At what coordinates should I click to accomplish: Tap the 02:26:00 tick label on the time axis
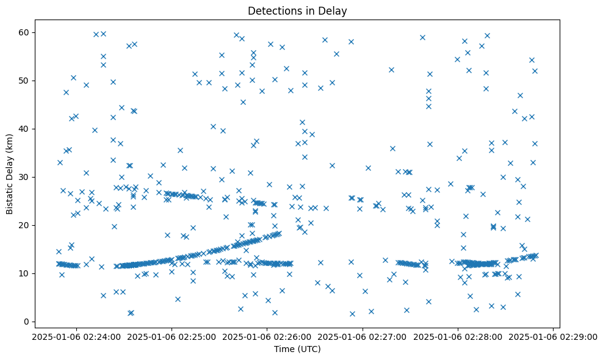tap(267, 336)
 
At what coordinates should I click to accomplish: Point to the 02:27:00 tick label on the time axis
tap(363, 336)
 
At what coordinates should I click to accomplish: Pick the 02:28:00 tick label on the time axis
tap(458, 336)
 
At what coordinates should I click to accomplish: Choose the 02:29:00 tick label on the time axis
tap(554, 336)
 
